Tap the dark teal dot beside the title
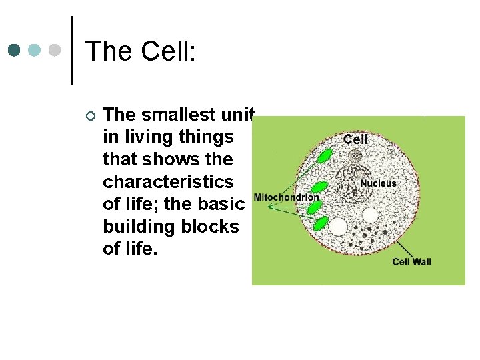pos(15,51)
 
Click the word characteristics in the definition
pos(168,181)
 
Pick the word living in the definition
pos(151,137)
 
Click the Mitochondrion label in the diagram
pos(286,198)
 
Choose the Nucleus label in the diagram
pos(378,183)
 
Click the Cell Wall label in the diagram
pos(411,261)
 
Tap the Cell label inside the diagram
pos(355,139)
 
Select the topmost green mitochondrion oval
pos(325,157)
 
